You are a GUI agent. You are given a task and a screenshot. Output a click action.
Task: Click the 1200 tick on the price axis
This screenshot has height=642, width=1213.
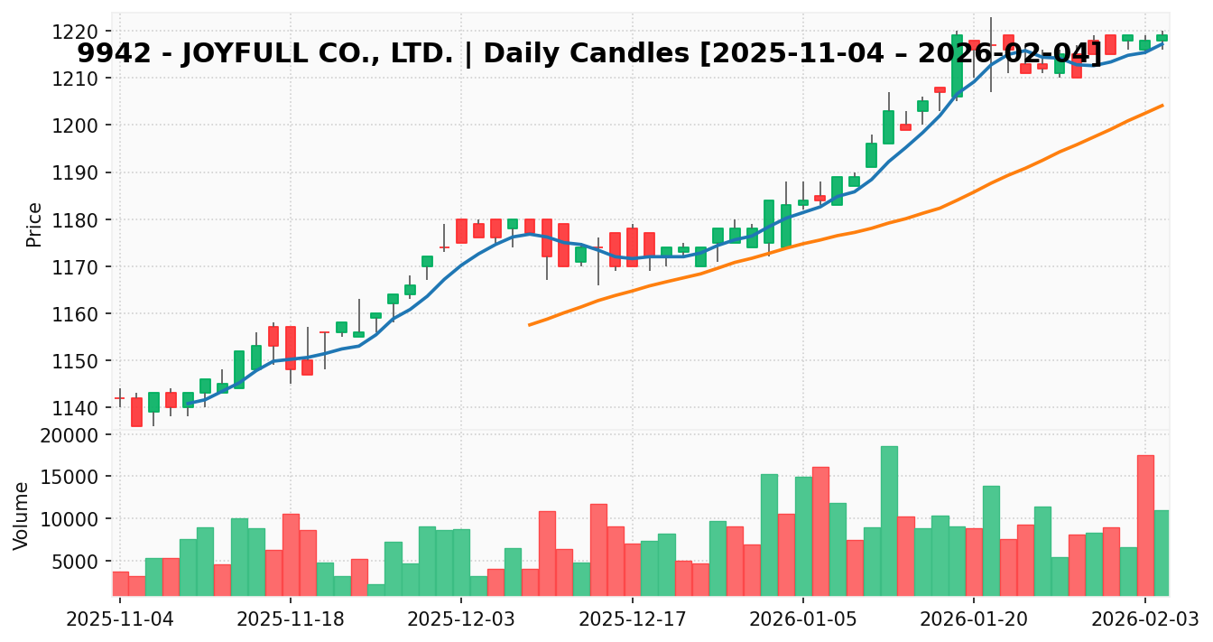point(82,126)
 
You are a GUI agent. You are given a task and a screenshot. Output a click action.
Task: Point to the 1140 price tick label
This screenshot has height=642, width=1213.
point(82,408)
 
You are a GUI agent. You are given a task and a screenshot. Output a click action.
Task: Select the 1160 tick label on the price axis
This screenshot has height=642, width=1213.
point(82,314)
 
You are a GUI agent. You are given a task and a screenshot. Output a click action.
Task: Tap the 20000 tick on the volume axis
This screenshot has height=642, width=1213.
point(77,435)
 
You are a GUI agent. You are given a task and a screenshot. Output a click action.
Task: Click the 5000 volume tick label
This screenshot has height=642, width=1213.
point(81,562)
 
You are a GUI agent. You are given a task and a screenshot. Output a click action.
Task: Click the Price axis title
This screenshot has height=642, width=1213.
point(34,224)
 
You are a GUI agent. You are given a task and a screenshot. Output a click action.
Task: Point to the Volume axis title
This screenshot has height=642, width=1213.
point(22,515)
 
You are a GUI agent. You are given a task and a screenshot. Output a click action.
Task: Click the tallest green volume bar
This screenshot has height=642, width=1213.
point(889,521)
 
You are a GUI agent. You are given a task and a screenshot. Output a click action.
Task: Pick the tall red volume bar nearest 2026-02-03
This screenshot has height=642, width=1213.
point(1145,526)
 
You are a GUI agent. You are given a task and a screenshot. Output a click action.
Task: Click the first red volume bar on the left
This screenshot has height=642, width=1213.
point(120,583)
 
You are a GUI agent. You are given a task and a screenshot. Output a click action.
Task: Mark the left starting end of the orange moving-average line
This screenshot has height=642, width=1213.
point(530,324)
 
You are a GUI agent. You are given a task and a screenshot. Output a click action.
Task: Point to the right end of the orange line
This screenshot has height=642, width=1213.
point(1162,106)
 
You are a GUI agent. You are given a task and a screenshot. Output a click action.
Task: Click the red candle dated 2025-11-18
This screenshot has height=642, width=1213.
point(290,348)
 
